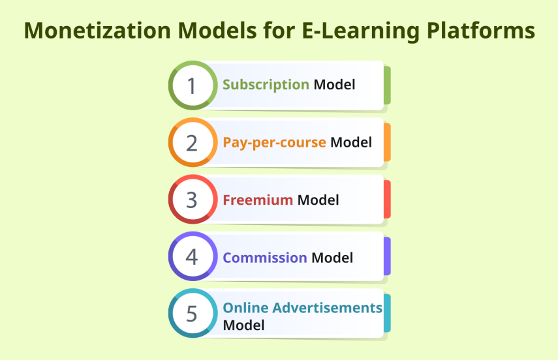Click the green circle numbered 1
(192, 85)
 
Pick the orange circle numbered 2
(192, 142)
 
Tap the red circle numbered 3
(192, 200)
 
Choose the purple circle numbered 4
(192, 256)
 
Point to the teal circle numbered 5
(192, 314)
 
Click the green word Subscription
(266, 85)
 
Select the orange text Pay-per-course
(274, 142)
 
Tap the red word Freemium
(258, 200)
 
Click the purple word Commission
(265, 257)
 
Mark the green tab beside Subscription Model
(387, 85)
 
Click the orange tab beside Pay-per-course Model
(387, 142)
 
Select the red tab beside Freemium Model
(387, 200)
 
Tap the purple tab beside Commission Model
(387, 256)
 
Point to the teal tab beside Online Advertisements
(387, 314)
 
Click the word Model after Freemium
(318, 200)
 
